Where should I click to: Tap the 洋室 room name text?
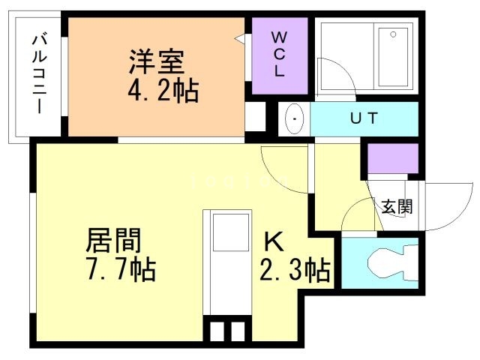point(157,60)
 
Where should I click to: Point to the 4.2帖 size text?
point(162,91)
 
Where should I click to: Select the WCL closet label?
point(279,55)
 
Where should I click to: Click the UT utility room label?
point(364,118)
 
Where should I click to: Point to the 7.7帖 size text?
point(120,268)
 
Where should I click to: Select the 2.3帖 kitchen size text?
point(295,269)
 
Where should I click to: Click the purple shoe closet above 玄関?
point(392,159)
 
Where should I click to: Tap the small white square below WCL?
point(256,116)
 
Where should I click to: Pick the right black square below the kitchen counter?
point(238,331)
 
